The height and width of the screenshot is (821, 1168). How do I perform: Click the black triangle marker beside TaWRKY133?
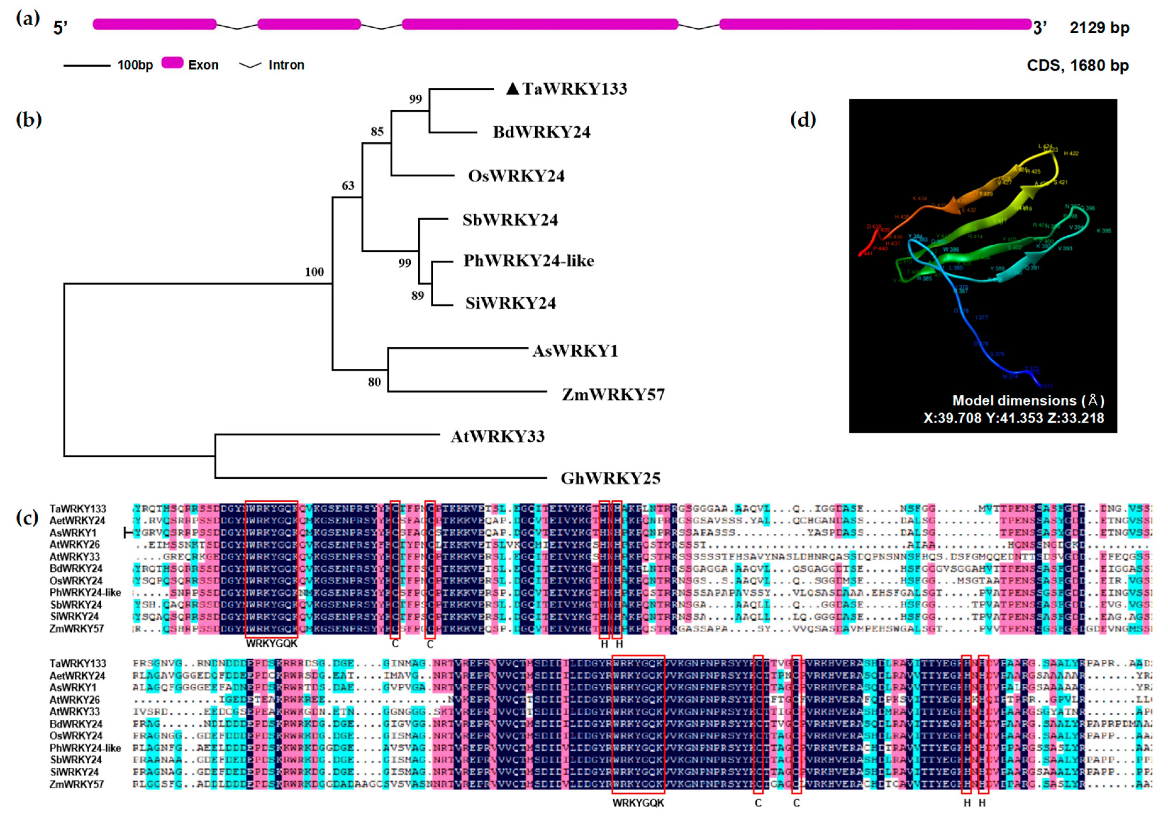[x=513, y=89]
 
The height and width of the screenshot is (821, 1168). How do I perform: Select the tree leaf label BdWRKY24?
[x=541, y=132]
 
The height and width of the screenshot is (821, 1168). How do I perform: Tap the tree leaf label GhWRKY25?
[x=610, y=478]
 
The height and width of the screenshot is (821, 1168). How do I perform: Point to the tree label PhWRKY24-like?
[x=528, y=261]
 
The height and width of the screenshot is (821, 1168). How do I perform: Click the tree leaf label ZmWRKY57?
[x=613, y=395]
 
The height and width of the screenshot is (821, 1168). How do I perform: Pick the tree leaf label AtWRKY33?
[x=498, y=436]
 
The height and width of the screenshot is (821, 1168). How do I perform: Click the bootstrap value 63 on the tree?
[x=348, y=186]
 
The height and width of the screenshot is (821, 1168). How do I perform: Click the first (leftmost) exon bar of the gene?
[x=155, y=24]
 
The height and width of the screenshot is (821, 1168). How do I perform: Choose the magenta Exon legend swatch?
[x=172, y=63]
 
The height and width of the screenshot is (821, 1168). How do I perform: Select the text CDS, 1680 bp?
[x=1077, y=66]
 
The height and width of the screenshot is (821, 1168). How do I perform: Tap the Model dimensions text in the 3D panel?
[x=1028, y=401]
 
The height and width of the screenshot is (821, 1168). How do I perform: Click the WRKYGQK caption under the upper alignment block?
[x=272, y=644]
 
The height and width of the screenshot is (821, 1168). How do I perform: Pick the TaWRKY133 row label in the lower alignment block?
[x=77, y=663]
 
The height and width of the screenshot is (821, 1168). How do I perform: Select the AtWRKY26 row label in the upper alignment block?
[x=75, y=545]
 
